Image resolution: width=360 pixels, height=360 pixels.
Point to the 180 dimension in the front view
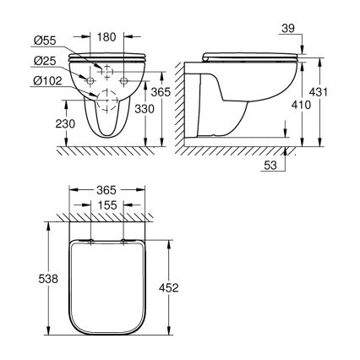106,36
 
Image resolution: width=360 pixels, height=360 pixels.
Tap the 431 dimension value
338,91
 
